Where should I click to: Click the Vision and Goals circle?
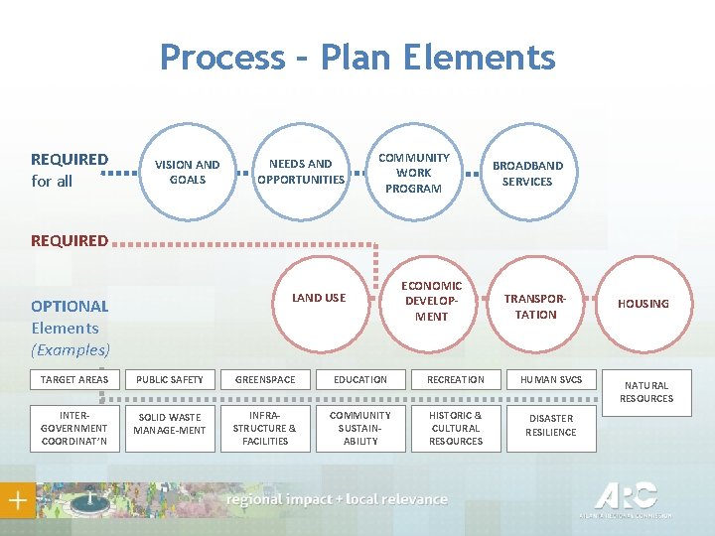point(188,172)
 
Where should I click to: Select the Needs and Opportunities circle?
point(301,172)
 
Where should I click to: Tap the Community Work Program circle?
point(413,173)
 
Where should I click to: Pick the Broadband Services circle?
point(527,174)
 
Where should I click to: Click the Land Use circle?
point(319,298)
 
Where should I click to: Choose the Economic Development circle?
point(432,301)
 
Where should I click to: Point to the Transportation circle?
point(536,307)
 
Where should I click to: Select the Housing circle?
point(643,304)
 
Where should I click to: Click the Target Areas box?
point(74,379)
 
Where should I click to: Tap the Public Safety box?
point(170,379)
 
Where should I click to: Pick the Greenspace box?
point(265,379)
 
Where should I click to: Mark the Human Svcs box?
point(551,379)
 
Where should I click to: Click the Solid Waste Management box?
point(170,424)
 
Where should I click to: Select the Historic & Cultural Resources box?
point(456,428)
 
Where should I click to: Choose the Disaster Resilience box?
point(551,426)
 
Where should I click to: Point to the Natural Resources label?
point(646,392)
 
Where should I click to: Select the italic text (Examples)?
point(71,349)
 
